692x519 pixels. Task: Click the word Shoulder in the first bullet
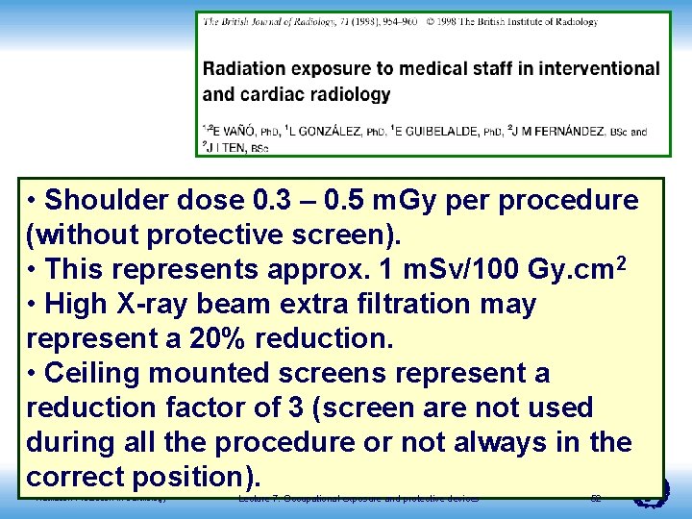111,201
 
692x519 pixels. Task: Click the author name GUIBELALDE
438,132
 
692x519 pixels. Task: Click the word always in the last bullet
531,443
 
